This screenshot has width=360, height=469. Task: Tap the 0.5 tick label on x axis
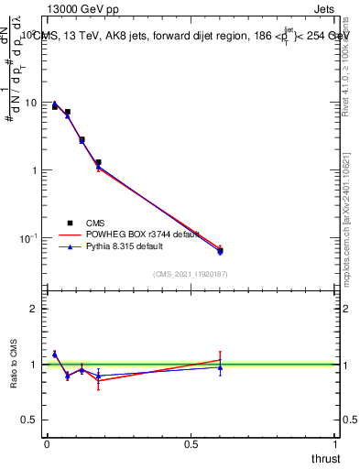191,443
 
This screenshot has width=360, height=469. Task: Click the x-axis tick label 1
335,443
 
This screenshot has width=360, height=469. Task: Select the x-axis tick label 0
47,443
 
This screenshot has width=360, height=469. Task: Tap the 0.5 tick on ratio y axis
32,420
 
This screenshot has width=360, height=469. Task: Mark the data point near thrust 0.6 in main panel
220,250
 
